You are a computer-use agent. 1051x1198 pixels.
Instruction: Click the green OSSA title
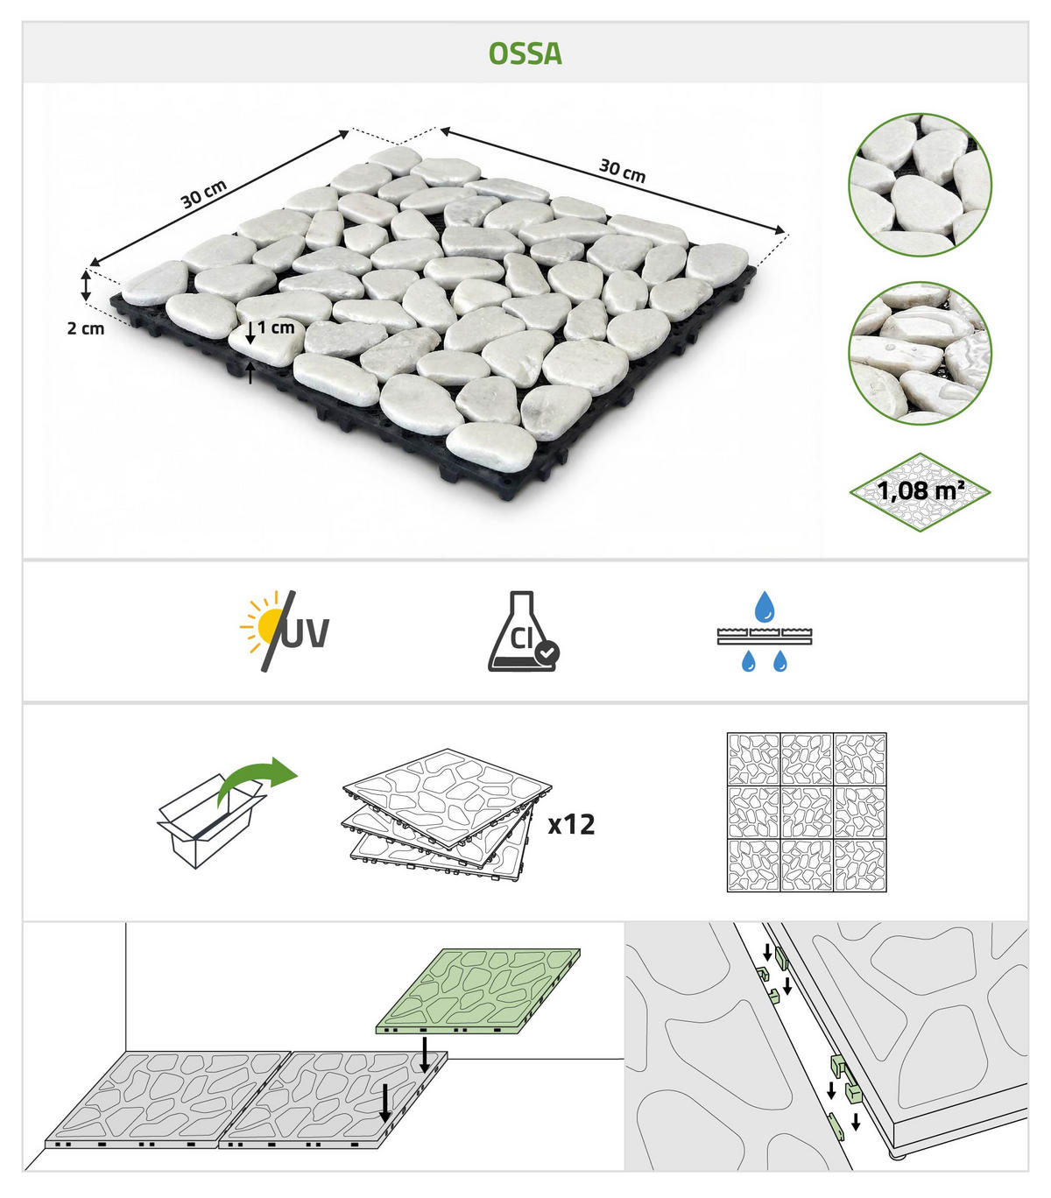pyautogui.click(x=525, y=53)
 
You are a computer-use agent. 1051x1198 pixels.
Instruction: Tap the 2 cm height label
pyautogui.click(x=86, y=328)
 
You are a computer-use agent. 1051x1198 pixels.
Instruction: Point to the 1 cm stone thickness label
pyautogui.click(x=276, y=327)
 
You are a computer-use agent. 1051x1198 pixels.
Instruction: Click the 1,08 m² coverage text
pyautogui.click(x=921, y=490)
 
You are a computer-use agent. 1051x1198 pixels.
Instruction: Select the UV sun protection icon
pyautogui.click(x=285, y=631)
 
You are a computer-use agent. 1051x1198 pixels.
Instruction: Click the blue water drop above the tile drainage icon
pyautogui.click(x=764, y=606)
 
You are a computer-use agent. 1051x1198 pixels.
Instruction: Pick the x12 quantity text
pyautogui.click(x=571, y=824)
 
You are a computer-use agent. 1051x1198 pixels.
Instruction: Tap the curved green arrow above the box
pyautogui.click(x=257, y=779)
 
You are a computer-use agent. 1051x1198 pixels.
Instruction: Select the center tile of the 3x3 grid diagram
pyautogui.click(x=807, y=813)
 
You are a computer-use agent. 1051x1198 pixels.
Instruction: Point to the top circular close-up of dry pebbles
pyautogui.click(x=920, y=185)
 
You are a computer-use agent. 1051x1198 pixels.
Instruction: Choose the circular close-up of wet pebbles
pyautogui.click(x=920, y=353)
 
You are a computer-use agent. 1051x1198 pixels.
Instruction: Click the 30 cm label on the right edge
pyautogui.click(x=622, y=170)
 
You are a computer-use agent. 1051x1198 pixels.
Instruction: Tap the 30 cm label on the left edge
pyautogui.click(x=203, y=194)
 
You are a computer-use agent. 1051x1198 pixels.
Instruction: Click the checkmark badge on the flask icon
pyautogui.click(x=547, y=652)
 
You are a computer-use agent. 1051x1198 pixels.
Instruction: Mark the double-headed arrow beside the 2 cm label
pyautogui.click(x=87, y=285)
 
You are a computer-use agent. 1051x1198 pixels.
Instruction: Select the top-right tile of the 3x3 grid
pyautogui.click(x=860, y=759)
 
